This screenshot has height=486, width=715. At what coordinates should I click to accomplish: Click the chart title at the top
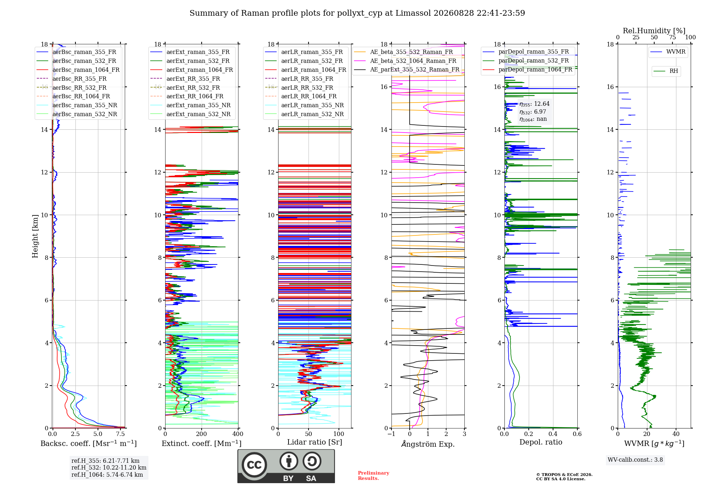pos(357,13)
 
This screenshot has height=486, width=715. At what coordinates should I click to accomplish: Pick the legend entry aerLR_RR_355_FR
pos(299,79)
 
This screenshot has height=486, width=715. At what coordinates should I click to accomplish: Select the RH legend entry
pos(666,71)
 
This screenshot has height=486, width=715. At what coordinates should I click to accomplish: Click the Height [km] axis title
pos(35,236)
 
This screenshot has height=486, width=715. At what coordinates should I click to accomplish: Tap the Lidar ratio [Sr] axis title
pos(315,442)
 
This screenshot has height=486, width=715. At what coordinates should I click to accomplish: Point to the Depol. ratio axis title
pos(541,442)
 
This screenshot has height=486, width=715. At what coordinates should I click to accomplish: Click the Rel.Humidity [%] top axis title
pos(654,31)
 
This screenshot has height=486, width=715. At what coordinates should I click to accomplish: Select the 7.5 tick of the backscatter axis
pos(120,434)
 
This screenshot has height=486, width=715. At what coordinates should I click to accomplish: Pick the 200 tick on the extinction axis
pos(202,434)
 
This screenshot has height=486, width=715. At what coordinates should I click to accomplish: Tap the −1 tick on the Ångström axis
pos(391,434)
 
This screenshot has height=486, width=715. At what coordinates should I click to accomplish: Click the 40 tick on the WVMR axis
pos(676,434)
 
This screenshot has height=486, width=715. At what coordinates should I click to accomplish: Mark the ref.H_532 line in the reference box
pos(109,468)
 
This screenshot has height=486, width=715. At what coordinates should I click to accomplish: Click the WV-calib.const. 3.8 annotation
pos(635,460)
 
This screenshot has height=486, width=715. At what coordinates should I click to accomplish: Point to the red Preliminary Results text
pos(374,476)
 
